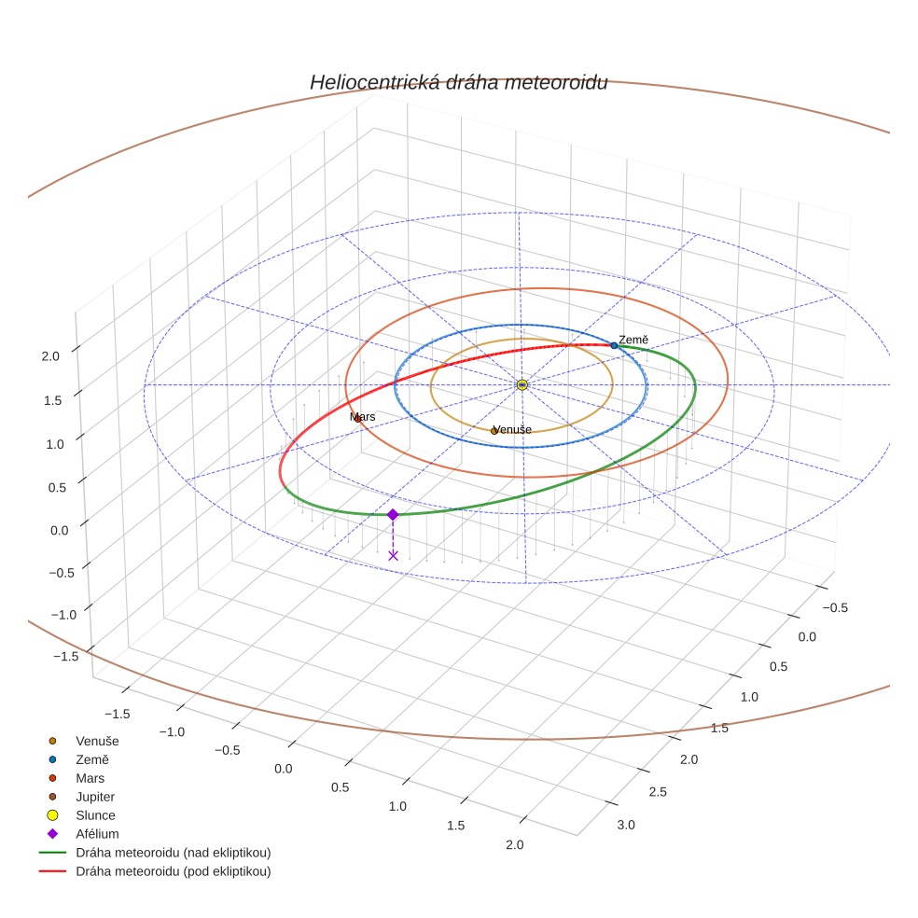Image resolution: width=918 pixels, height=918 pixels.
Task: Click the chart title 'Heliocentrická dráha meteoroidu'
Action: pos(458,82)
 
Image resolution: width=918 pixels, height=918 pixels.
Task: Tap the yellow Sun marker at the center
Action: pos(522,384)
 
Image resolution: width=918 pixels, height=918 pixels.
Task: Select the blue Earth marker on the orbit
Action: pos(614,345)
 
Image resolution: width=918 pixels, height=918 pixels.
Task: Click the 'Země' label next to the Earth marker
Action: pos(633,341)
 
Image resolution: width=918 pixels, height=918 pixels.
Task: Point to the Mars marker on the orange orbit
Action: pos(357,419)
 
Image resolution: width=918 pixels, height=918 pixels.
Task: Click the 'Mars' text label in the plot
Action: pos(363,416)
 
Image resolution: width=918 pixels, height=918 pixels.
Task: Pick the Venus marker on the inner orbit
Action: pos(494,431)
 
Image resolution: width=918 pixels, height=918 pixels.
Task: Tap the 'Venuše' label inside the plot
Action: pos(513,429)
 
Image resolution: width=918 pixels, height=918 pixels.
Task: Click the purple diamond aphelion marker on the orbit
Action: pos(393,514)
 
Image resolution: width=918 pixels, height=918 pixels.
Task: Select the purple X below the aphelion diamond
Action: pos(393,555)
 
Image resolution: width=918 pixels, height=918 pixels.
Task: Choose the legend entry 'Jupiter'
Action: pos(94,797)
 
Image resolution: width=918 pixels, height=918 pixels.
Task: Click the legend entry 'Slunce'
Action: pos(95,815)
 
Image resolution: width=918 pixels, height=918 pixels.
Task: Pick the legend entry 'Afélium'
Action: pos(97,834)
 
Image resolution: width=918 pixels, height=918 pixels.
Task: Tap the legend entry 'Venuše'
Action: pos(97,741)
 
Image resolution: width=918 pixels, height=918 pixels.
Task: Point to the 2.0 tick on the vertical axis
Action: pos(50,355)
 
